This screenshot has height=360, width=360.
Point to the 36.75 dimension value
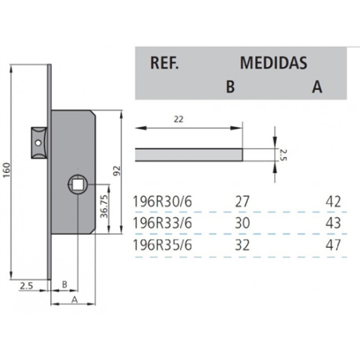104,206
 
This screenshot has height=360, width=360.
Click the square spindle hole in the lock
80,186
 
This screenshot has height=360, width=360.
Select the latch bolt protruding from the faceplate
38,139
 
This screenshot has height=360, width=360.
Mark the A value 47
333,245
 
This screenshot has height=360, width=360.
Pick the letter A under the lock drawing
73,301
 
